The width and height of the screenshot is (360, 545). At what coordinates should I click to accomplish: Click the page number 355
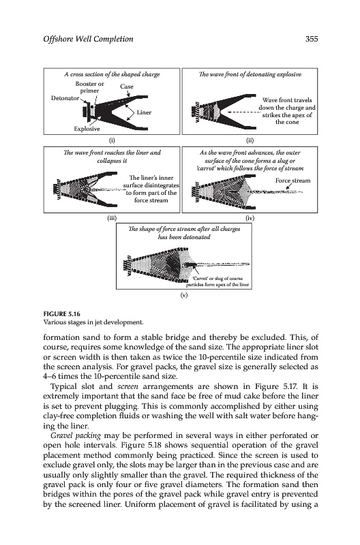312,39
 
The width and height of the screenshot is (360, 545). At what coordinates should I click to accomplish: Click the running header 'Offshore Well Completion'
89,39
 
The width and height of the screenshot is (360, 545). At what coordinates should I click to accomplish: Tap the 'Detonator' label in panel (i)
65,98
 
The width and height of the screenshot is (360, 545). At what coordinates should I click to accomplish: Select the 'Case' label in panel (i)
127,87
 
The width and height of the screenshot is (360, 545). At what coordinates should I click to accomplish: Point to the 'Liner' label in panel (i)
144,112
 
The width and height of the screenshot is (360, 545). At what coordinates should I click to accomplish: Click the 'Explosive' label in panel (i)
87,129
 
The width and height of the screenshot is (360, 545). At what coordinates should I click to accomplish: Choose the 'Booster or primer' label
90,87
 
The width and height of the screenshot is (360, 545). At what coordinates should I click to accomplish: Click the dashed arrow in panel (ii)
242,112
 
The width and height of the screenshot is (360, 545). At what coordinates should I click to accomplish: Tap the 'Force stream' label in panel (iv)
293,181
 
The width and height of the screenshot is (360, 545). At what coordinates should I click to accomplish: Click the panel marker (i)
111,140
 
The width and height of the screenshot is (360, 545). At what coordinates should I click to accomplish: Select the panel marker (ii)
250,140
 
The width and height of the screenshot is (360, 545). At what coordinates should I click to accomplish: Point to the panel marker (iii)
111,218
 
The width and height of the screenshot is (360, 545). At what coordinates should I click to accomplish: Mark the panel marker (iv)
250,218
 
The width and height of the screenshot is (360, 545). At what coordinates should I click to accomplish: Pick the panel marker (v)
183,295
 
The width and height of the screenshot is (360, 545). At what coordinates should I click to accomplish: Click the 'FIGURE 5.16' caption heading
61,314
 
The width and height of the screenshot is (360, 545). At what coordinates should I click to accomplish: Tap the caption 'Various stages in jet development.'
93,322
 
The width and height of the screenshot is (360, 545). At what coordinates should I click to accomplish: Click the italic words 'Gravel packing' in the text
76,435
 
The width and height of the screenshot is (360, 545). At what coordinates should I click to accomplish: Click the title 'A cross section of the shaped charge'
112,74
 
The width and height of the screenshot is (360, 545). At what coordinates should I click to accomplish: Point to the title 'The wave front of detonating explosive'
250,74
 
